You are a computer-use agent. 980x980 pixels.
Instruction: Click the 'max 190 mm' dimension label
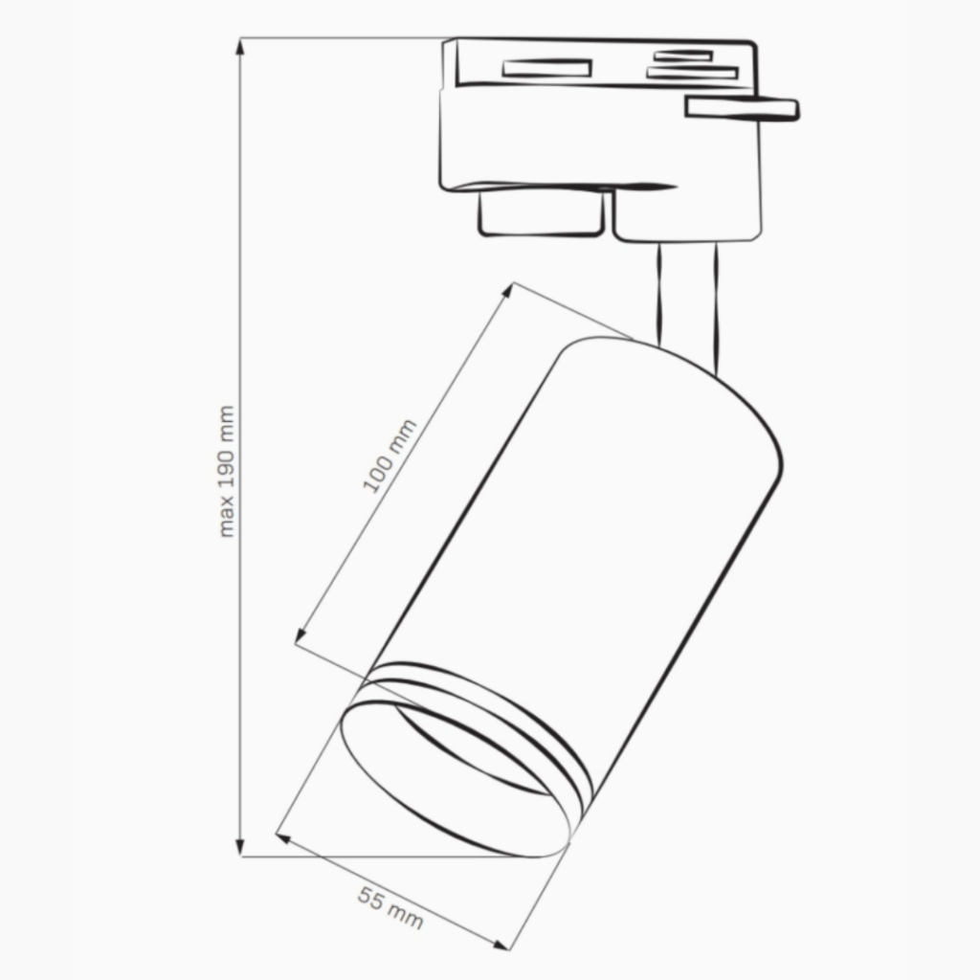coord(226,471)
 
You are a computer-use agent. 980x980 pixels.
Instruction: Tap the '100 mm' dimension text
coord(390,456)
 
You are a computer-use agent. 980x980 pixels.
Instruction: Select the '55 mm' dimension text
coord(390,907)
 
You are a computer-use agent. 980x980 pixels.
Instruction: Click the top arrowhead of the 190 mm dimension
coord(240,47)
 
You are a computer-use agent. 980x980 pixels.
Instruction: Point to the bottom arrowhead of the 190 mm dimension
coord(240,847)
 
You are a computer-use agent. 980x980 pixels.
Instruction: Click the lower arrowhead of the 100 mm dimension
coord(300,635)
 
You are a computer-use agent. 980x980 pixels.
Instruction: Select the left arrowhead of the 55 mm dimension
coord(283,837)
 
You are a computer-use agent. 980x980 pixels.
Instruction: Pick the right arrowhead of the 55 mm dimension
coord(501,945)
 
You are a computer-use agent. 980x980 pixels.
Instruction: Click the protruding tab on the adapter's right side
coord(742,108)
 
